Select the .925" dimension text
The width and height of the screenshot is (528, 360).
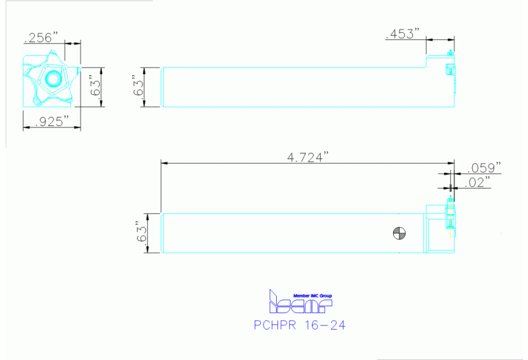coord(46,122)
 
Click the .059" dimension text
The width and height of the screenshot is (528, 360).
coord(484,167)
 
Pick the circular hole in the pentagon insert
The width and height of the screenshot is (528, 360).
coord(52,78)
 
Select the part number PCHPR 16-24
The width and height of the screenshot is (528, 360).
coord(299,324)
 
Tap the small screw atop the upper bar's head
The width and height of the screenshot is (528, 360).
coord(450,53)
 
